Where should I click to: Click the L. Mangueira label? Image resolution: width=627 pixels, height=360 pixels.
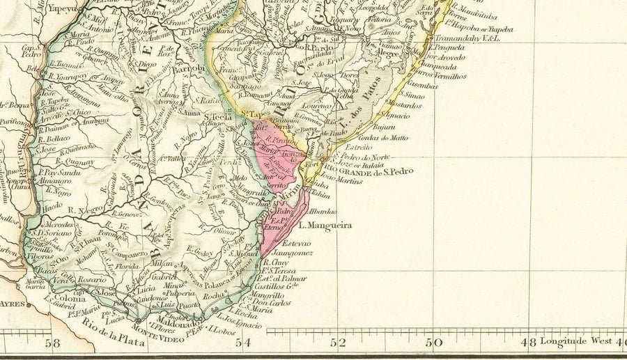coord(325,226)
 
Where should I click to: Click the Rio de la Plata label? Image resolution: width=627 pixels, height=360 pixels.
coord(113,341)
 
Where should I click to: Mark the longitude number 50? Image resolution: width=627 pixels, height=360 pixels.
coord(433,343)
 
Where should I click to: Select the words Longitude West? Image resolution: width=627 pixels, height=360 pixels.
coord(578,341)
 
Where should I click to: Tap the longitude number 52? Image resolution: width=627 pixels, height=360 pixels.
coord(338,343)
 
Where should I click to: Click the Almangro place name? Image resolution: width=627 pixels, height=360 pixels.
coord(54,180)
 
